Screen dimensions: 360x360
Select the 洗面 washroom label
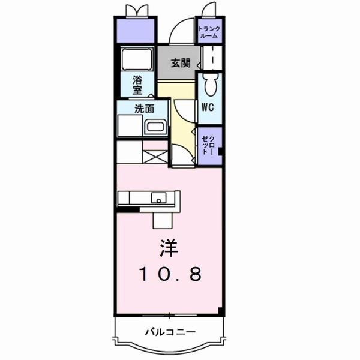coord(144,109)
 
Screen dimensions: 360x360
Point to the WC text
coord(208,109)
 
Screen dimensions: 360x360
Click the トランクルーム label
coord(209,31)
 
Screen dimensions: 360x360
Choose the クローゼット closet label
coord(210,146)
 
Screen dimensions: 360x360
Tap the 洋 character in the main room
coord(169,247)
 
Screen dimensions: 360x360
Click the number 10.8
coord(170,274)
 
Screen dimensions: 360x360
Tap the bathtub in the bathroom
coord(137,59)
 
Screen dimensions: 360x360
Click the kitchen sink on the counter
coord(160,197)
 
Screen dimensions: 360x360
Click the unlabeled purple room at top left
coord(136,29)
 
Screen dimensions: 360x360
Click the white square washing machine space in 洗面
coord(129,127)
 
